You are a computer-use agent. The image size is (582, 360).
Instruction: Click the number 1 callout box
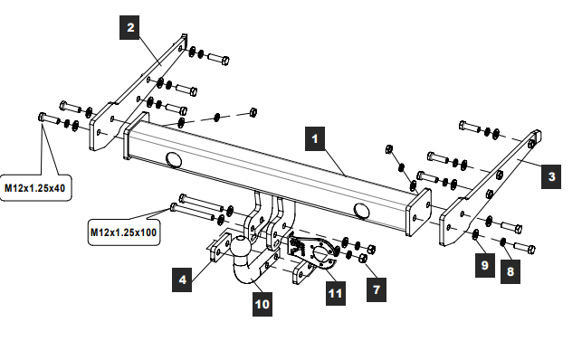click(315, 138)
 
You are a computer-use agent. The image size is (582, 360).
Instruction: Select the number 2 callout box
click(129, 27)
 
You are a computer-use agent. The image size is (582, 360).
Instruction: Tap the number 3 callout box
click(551, 176)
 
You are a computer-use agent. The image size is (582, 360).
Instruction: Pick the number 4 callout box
click(182, 279)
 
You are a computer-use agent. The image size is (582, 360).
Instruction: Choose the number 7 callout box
click(377, 289)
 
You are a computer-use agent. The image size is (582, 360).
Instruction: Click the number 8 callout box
click(510, 271)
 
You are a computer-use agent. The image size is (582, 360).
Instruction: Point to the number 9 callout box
click(485, 265)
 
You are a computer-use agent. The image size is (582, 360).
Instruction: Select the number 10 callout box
click(262, 305)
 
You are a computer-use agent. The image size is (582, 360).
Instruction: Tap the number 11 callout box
click(336, 293)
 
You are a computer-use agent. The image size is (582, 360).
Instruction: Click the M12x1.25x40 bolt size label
click(35, 188)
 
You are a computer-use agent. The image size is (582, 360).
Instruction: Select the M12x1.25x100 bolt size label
click(124, 232)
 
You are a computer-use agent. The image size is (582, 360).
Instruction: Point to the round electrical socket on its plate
click(320, 253)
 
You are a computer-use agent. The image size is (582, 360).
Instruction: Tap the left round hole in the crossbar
click(174, 159)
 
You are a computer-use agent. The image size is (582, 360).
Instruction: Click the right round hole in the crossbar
click(361, 211)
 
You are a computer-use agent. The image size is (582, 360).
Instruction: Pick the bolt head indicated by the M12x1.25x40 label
click(42, 117)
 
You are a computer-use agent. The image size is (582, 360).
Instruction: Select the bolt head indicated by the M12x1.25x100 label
click(174, 207)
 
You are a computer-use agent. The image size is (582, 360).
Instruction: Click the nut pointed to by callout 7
click(363, 259)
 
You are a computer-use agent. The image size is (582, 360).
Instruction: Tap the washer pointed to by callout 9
click(475, 234)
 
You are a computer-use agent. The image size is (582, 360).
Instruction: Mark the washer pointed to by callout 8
click(503, 242)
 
